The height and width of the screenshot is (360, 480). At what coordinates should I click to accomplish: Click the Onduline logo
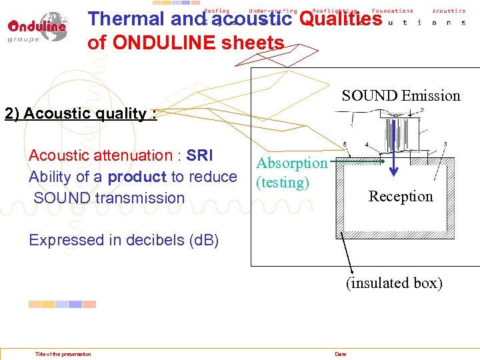coord(37,27)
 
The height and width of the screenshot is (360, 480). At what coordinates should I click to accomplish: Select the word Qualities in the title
coord(341,19)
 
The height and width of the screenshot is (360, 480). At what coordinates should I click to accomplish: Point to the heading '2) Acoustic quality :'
coord(81,113)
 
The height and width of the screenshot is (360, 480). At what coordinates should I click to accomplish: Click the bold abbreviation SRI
coord(200,155)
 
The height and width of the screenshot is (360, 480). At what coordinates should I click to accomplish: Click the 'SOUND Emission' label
coord(401,96)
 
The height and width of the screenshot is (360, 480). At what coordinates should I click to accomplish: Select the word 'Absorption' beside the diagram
coord(292,163)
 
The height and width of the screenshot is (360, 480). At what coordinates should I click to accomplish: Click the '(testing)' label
coord(283,182)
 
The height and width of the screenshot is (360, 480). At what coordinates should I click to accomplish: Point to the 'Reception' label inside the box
coord(401,196)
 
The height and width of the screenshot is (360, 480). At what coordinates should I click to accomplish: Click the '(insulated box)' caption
coord(393,283)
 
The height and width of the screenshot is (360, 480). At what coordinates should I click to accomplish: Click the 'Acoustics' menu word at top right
coord(449,11)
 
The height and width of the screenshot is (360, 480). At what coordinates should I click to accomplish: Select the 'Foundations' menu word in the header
coord(393,11)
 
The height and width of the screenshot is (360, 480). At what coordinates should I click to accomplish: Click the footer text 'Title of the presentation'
coord(63,354)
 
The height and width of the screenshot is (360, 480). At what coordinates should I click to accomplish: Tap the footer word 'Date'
coord(341,354)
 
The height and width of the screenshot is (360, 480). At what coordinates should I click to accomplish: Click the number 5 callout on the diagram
coord(344,144)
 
